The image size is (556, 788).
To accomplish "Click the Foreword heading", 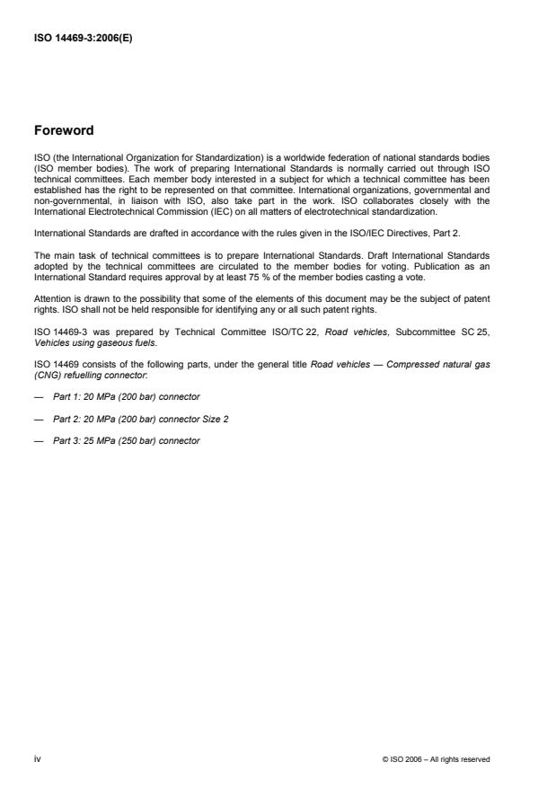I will click(63, 130).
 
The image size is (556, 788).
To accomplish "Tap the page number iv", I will click(38, 759).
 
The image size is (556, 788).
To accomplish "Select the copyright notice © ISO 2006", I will click(436, 759).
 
